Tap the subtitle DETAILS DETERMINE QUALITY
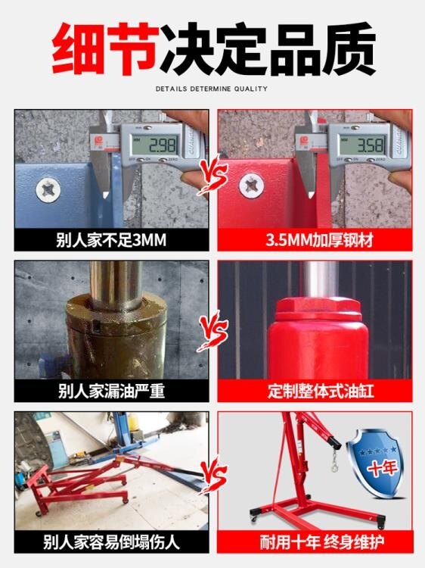[212, 89]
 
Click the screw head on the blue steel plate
[47, 187]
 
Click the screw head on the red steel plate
[250, 184]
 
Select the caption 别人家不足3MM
[110, 241]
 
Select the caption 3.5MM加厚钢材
[315, 241]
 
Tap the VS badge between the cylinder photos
[213, 331]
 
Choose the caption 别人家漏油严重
[110, 391]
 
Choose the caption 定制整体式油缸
[315, 391]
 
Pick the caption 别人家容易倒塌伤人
[110, 541]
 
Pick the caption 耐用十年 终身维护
[315, 541]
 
